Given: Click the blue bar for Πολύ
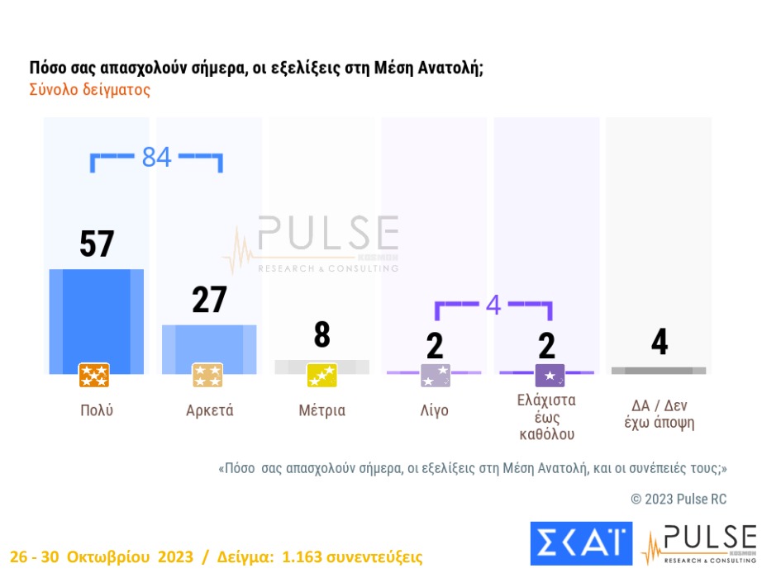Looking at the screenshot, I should coord(96,318).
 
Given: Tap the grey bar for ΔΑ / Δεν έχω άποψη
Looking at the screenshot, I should coord(659,371).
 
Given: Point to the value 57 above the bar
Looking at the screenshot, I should coord(97,244).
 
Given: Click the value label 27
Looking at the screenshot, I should coord(209,300).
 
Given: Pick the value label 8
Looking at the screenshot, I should coord(321,335).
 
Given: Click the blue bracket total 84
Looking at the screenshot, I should coord(156,156).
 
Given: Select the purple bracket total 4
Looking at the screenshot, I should coord(493,305).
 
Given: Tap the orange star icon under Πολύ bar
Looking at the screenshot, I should coord(94,376).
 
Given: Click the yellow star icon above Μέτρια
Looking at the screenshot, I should coord(321,376).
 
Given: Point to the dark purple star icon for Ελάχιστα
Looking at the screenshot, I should coord(550,376).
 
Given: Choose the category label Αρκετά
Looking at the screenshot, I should coord(209,410).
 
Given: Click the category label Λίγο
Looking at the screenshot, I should coord(434,410).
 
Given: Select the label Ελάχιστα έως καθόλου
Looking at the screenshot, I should coord(547,417).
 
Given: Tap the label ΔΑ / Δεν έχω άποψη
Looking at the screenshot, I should coord(659,414).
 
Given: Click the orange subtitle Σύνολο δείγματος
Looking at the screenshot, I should coord(90,90).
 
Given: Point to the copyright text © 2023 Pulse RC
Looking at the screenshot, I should coord(679,499).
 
